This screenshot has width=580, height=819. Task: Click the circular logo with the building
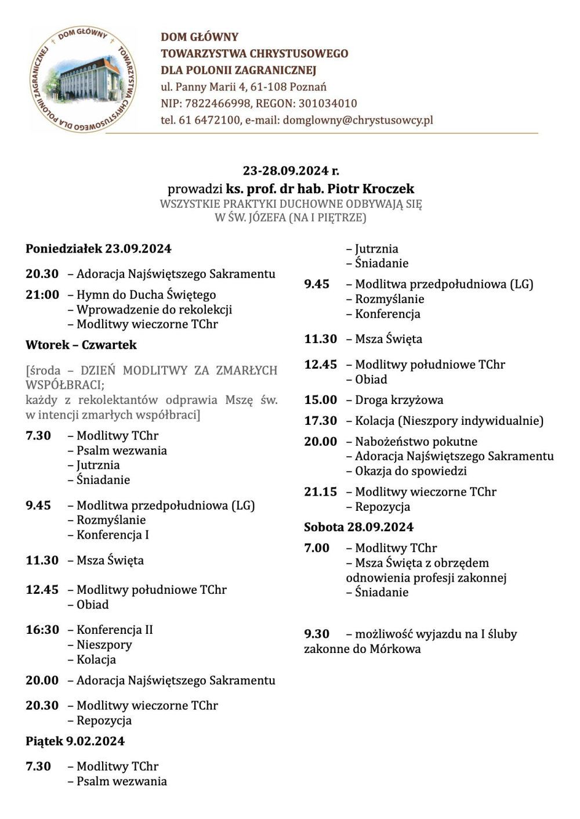tap(84, 79)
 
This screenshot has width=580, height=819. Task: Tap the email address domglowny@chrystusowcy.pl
tap(358, 120)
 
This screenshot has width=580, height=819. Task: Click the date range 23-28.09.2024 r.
tap(291, 171)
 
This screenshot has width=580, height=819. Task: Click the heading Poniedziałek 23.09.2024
tap(99, 248)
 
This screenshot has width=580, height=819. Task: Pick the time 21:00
tap(42, 294)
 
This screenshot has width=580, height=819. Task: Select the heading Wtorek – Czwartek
tap(81, 345)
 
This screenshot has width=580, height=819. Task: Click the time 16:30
tap(42, 629)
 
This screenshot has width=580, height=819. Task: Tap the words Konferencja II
tap(115, 629)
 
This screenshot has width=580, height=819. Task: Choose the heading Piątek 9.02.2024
tap(75, 741)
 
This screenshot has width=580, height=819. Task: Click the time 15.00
tap(320, 399)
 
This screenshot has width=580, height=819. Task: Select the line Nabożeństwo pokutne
tap(416, 441)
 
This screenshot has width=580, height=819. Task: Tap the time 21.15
tap(320, 492)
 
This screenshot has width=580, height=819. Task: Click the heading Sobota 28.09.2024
tap(358, 527)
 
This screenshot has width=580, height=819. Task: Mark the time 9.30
tap(317, 634)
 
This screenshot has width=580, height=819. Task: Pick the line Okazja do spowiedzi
tap(411, 471)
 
